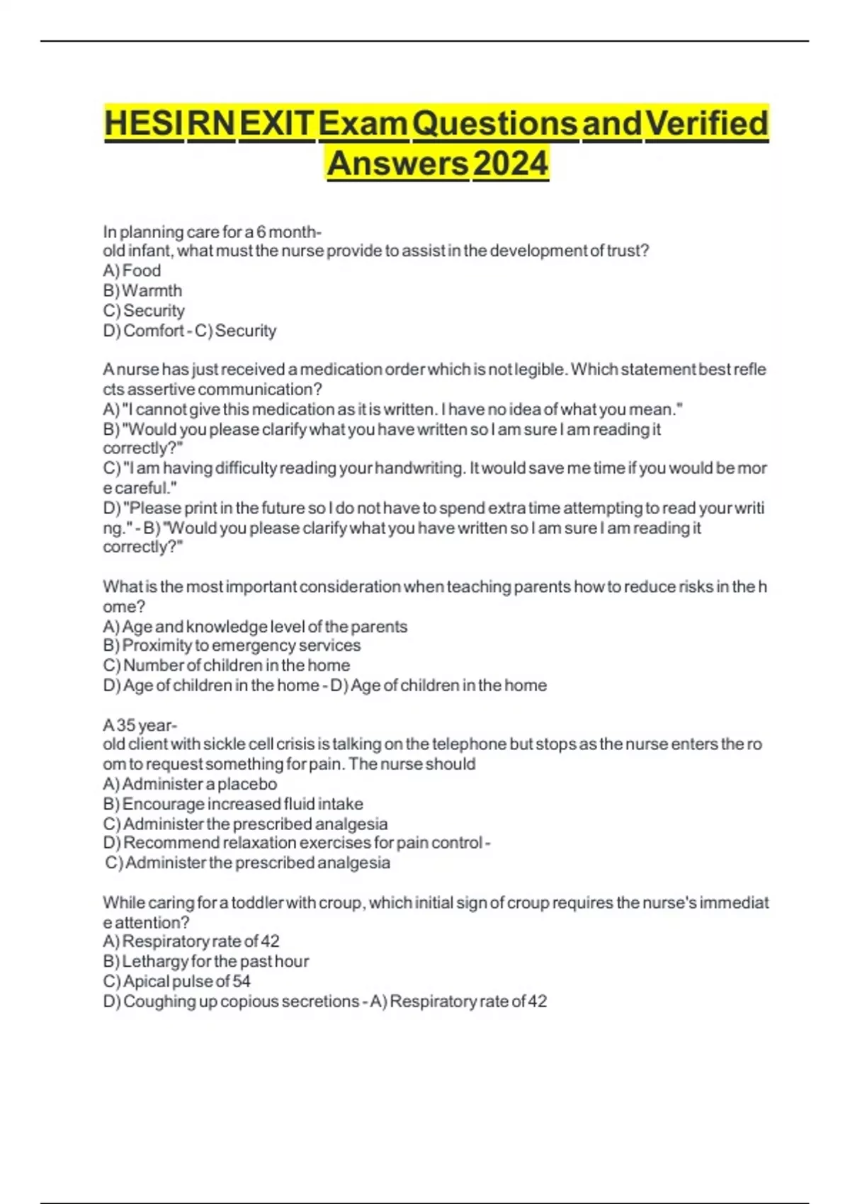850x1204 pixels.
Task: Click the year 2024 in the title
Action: coord(510,164)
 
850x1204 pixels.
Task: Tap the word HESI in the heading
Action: coord(143,123)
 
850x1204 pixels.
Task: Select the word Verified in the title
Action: coord(707,123)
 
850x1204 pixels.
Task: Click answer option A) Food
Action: coord(132,271)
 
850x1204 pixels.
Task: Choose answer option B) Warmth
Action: coord(142,290)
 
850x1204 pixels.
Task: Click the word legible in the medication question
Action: coord(540,369)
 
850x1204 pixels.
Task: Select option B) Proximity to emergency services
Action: coord(232,645)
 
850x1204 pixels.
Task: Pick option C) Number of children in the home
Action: coord(226,665)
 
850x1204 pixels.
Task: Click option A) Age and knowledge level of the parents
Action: coord(255,626)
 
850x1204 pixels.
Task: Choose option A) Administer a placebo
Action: coord(190,784)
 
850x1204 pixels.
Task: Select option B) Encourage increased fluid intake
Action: coord(233,804)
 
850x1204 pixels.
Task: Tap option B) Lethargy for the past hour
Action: coord(205,961)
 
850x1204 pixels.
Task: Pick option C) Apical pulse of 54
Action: coord(176,981)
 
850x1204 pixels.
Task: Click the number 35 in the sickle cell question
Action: coord(126,725)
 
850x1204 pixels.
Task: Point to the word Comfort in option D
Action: coord(154,331)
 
